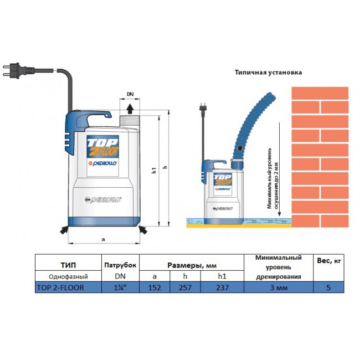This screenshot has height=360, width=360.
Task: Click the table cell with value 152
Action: click(x=155, y=287)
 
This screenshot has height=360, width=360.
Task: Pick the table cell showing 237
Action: click(x=222, y=287)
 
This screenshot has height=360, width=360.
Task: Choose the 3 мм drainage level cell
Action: click(x=278, y=287)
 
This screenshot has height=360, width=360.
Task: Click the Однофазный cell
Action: click(x=68, y=276)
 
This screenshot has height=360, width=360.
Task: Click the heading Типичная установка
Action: click(x=269, y=72)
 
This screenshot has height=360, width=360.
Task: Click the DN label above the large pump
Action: click(x=130, y=95)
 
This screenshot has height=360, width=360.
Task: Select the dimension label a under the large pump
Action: click(x=103, y=239)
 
